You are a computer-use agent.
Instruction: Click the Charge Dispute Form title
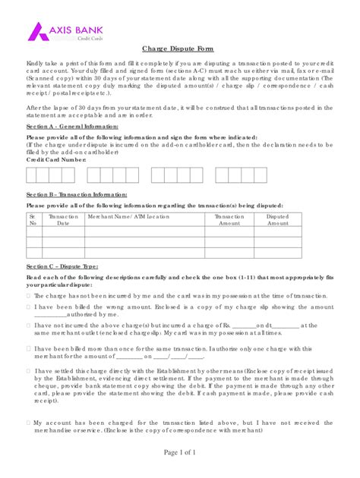(178, 49)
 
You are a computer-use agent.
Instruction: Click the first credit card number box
(33, 175)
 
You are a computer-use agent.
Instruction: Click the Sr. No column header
(33, 220)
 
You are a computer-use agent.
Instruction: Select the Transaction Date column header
(63, 220)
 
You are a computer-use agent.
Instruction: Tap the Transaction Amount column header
(229, 220)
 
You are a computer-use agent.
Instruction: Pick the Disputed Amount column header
(277, 220)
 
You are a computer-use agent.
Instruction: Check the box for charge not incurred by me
(29, 295)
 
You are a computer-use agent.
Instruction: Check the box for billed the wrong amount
(29, 307)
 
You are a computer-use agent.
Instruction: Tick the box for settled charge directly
(29, 371)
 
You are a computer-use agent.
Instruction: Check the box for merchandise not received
(29, 420)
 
